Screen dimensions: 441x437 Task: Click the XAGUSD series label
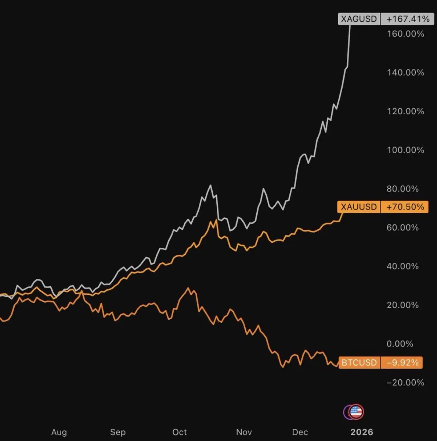[359, 19]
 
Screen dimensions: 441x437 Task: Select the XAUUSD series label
[358, 207]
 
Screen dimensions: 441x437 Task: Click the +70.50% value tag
[405, 207]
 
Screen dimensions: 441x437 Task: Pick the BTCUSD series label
[359, 363]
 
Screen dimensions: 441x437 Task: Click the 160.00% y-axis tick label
[405, 34]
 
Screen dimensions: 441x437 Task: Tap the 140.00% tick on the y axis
[405, 72]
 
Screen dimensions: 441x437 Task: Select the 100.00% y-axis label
[405, 150]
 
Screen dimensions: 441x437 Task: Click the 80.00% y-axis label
[402, 189]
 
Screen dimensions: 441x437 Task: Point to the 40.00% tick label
[402, 266]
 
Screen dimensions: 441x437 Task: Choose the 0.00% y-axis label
[400, 344]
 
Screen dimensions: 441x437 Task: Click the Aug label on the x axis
[59, 432]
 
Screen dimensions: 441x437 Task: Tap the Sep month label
[118, 432]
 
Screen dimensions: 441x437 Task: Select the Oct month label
[180, 432]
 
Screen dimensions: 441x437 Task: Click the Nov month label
[244, 432]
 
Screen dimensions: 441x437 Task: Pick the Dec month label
[300, 432]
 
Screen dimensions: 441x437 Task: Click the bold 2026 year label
[362, 432]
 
